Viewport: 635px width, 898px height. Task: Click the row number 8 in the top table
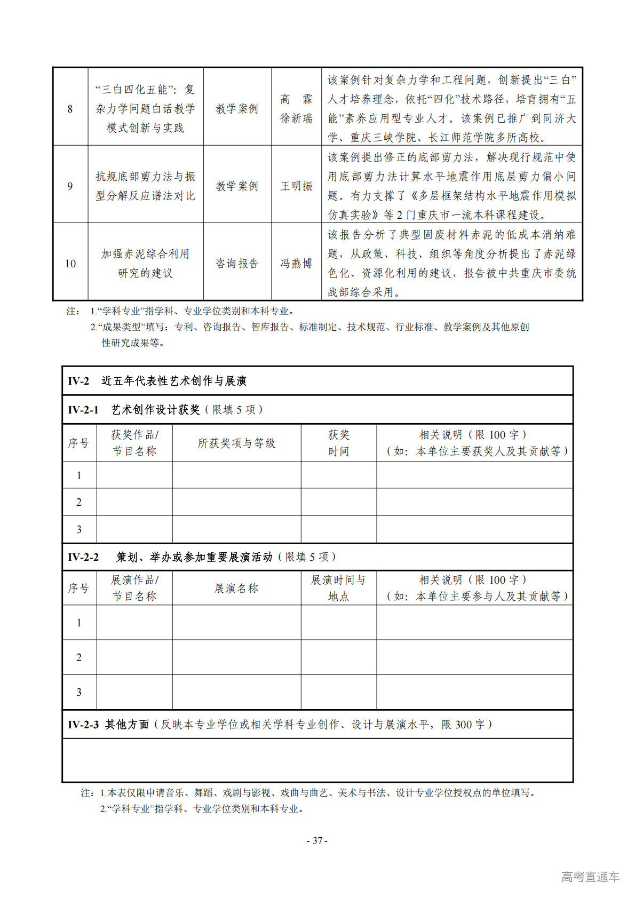pos(70,109)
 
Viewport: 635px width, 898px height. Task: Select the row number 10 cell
pos(70,264)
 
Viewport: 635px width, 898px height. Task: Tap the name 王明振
pos(296,186)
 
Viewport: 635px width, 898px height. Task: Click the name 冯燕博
pos(296,264)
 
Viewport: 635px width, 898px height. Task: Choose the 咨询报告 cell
pos(237,264)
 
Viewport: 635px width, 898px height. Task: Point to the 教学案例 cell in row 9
pos(237,186)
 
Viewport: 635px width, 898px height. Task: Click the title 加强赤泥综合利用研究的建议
pos(145,264)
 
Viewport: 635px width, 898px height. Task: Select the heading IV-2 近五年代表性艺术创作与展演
pos(157,381)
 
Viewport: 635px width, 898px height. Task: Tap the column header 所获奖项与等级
pos(236,443)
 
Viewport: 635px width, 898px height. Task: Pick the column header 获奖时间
pos(338,443)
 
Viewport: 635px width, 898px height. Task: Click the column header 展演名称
pos(236,589)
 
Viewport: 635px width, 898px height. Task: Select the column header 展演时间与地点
pos(338,588)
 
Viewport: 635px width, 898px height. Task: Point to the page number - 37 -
pos(317,840)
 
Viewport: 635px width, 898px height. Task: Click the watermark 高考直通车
pos(590,877)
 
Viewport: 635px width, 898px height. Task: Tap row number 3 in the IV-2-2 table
pos(79,693)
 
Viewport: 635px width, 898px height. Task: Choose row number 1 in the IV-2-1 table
pos(79,475)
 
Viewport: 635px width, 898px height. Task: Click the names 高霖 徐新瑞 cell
pos(296,109)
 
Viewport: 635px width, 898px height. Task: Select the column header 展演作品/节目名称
pos(134,588)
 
